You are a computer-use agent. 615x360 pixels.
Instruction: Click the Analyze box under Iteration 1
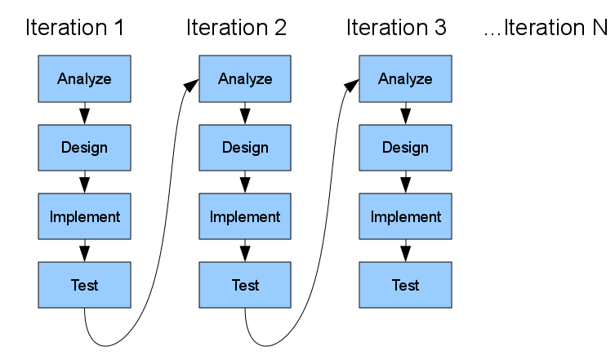84,78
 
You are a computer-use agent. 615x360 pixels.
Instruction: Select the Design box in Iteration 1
84,148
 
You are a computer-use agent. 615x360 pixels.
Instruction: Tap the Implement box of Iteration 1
84,216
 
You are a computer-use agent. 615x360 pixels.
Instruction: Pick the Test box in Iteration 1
84,285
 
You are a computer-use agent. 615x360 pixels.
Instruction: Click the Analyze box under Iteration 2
245,78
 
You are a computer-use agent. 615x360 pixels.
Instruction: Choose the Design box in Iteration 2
245,148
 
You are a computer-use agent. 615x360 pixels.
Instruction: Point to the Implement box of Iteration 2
245,216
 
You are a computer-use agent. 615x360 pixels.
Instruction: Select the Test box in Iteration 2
245,285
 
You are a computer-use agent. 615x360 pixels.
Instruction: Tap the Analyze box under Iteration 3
405,78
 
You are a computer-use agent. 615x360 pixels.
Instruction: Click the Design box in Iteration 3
405,148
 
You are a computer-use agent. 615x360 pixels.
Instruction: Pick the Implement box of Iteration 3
405,216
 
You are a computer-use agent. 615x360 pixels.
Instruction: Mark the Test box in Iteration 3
405,285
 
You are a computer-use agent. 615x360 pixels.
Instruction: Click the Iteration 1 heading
75,28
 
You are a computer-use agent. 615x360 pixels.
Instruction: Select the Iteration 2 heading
236,28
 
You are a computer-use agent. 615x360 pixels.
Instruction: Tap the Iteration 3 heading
396,28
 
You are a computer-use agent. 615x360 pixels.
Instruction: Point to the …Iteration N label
546,28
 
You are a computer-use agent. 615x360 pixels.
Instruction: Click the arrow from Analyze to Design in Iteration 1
84,113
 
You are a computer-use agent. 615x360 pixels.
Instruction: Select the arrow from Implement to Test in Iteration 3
405,251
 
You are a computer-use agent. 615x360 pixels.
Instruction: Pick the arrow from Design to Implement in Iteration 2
245,182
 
